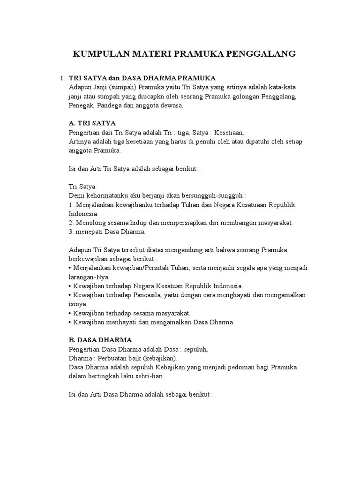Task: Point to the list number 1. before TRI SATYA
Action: (x=62, y=78)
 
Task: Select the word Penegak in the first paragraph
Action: (x=81, y=105)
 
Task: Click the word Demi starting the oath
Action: (x=77, y=195)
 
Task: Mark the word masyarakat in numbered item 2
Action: (x=274, y=223)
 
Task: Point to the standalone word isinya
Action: (x=78, y=304)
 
